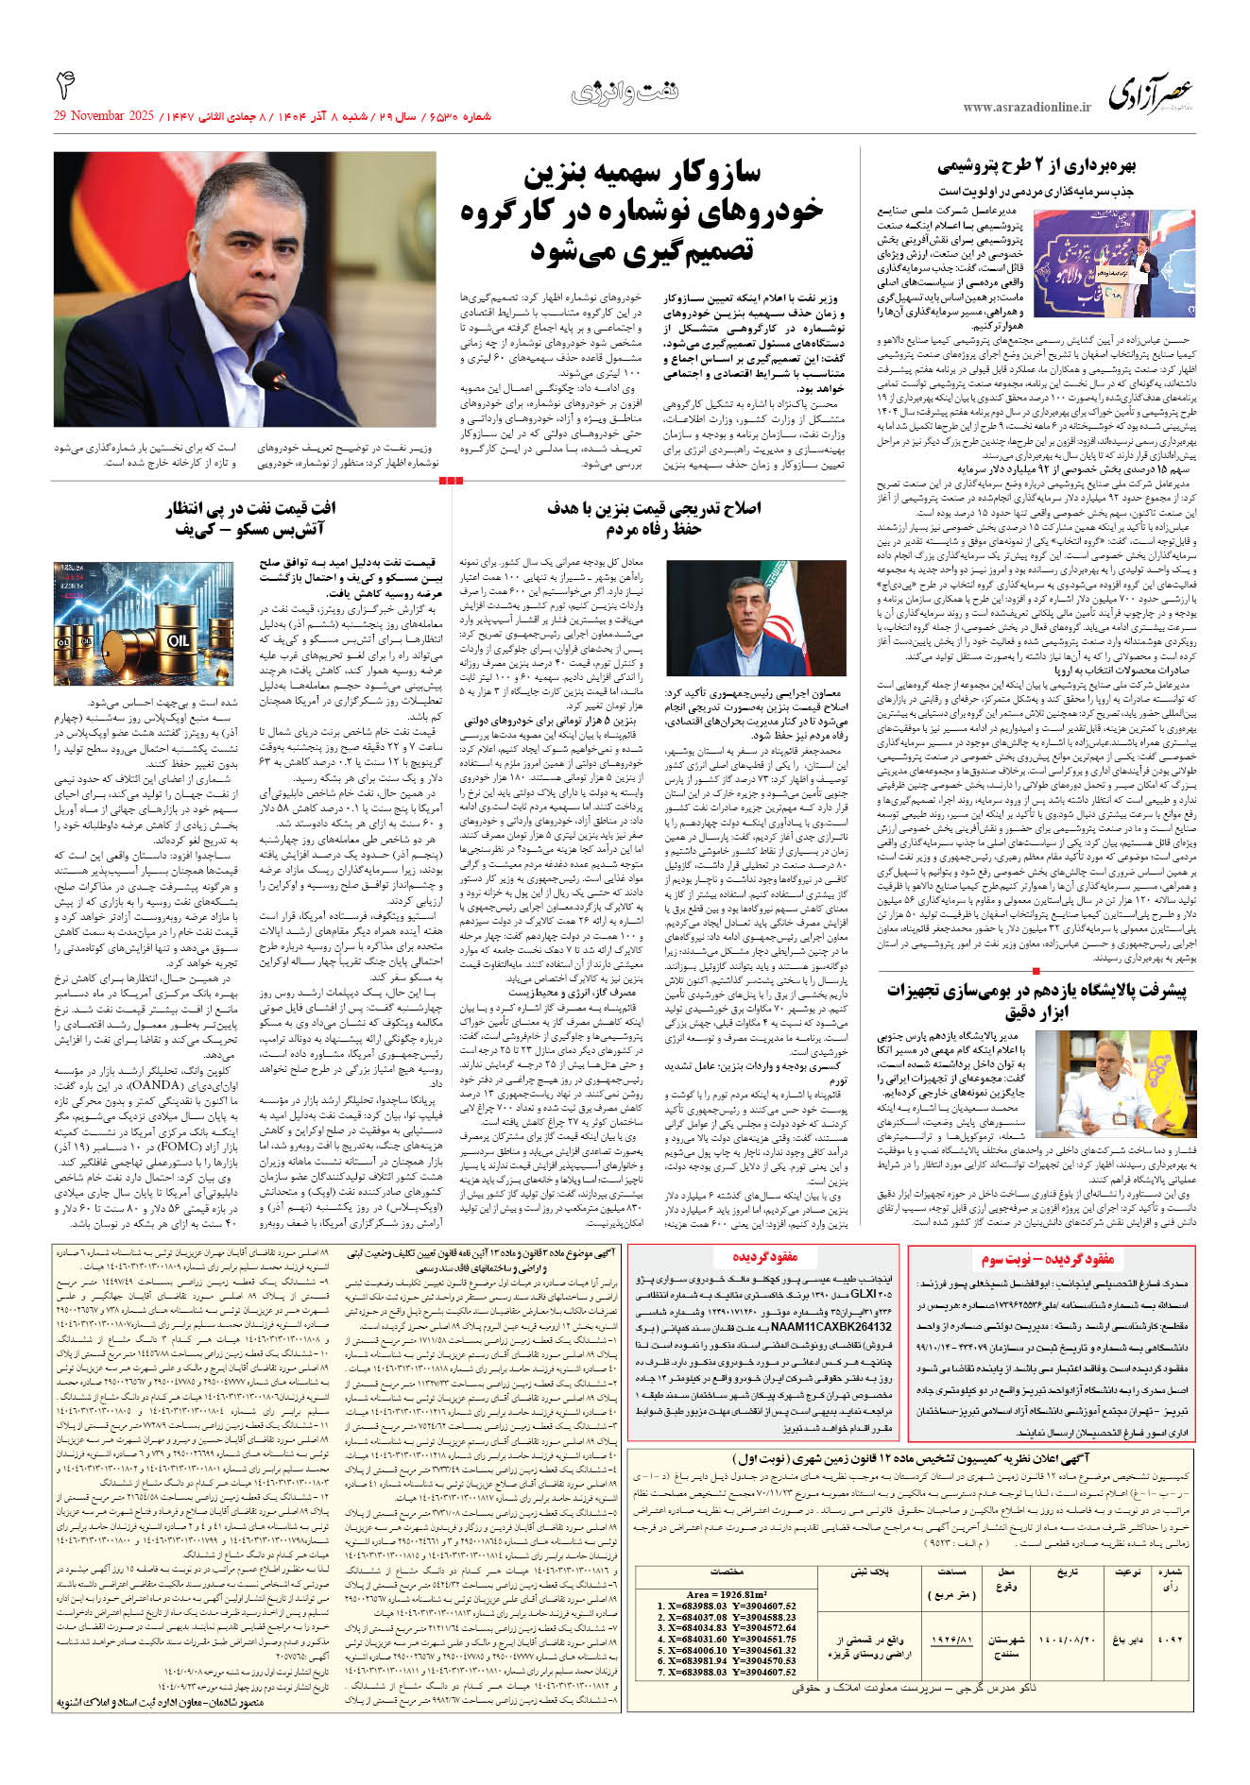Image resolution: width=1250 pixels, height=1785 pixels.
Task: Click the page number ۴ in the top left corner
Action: click(x=65, y=87)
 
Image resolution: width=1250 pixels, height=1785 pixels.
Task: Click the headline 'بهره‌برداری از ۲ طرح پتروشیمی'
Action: click(x=1036, y=167)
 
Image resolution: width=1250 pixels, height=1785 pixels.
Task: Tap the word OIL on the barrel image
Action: click(x=178, y=639)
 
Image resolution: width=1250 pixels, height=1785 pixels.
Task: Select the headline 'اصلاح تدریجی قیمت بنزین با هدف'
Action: click(x=654, y=508)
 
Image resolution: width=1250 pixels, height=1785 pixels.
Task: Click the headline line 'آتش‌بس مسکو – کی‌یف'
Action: click(x=248, y=529)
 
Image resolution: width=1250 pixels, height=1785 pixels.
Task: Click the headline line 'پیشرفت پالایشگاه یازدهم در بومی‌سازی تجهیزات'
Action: click(x=1036, y=991)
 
